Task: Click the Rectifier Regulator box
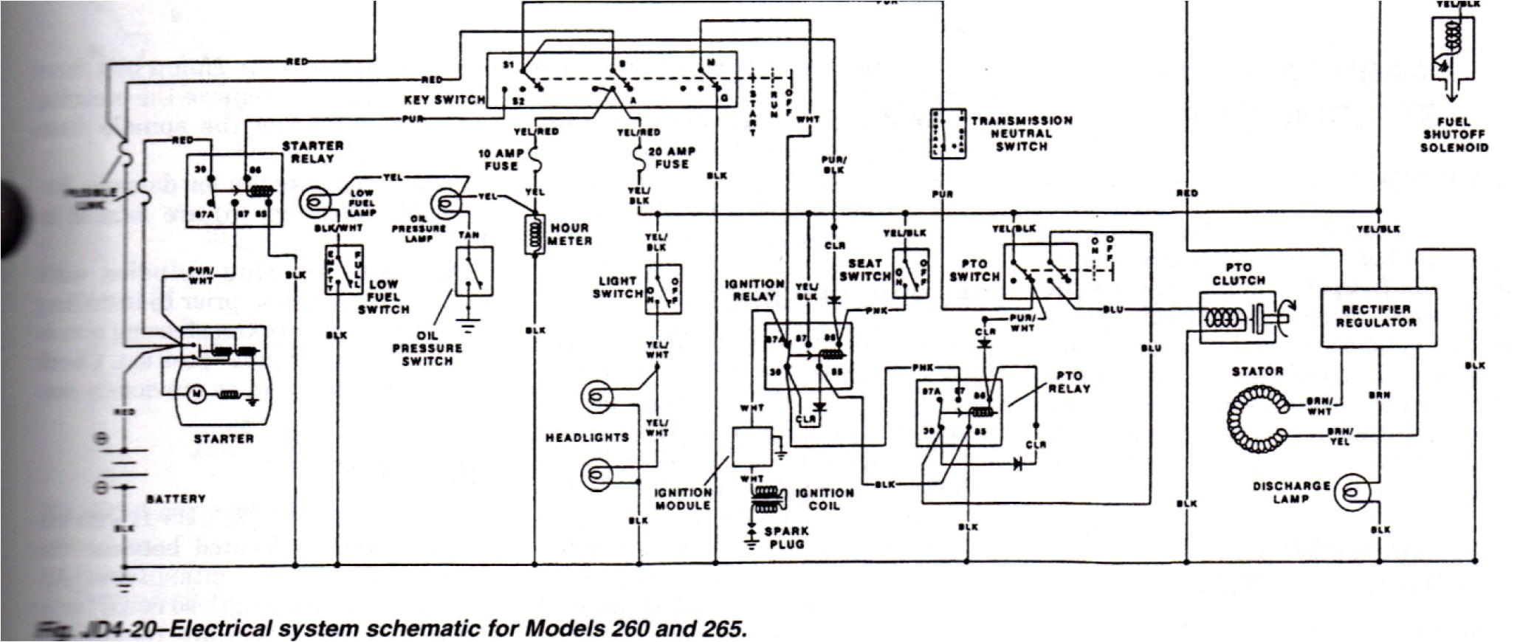pyautogui.click(x=1377, y=317)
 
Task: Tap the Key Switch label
pyautogui.click(x=444, y=100)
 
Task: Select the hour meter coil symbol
pyautogui.click(x=534, y=235)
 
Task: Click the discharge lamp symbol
pyautogui.click(x=1352, y=492)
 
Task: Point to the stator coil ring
pyautogui.click(x=1254, y=420)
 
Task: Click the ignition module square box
pyautogui.click(x=751, y=446)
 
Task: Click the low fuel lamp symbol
pyautogui.click(x=317, y=201)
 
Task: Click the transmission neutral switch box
pyautogui.click(x=948, y=134)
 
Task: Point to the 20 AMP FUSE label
pyautogui.click(x=672, y=157)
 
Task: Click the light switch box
pyautogui.click(x=663, y=289)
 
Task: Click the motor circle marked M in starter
pyautogui.click(x=196, y=394)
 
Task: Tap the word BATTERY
pyautogui.click(x=176, y=499)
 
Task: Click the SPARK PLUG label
pyautogui.click(x=786, y=537)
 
